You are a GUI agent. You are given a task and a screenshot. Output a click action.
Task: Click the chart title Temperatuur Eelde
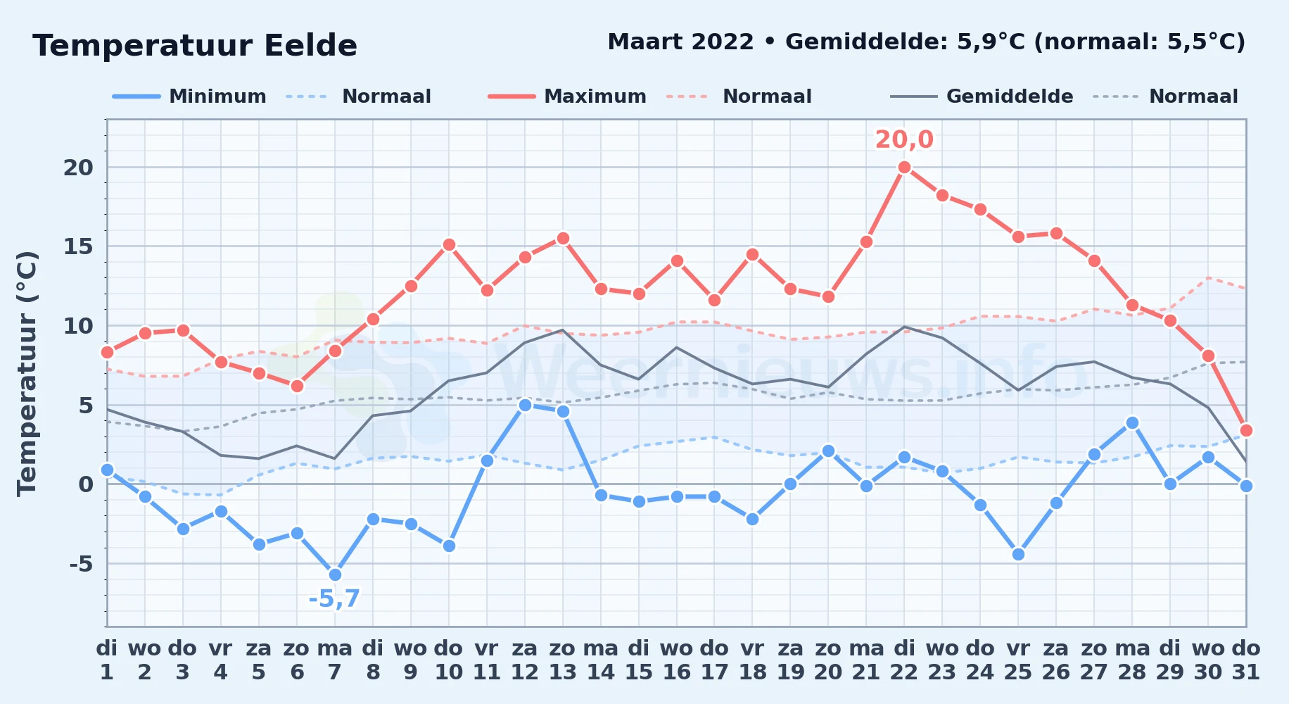[x=195, y=46]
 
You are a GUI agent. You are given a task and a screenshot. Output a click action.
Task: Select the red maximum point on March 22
[x=904, y=167]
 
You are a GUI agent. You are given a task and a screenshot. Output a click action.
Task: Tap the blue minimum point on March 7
[x=335, y=574]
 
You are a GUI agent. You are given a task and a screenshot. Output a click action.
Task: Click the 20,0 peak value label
[x=904, y=139]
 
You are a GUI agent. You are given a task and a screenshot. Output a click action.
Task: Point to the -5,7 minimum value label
[x=334, y=599]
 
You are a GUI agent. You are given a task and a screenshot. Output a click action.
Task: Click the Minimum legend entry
[x=189, y=96]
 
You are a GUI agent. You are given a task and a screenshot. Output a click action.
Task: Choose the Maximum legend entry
[x=567, y=96]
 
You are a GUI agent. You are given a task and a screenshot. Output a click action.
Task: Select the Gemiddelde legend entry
[x=982, y=96]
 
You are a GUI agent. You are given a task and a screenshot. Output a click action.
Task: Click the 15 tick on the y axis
[x=78, y=246]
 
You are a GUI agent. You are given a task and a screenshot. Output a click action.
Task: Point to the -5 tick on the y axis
[x=81, y=564]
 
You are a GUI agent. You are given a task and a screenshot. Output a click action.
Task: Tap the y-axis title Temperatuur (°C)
[x=27, y=373]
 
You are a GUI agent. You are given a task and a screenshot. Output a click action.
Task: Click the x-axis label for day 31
[x=1246, y=660]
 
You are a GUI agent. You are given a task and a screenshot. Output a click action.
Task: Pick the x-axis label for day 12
[x=524, y=660]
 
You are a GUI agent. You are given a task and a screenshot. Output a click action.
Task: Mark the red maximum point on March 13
[x=563, y=238]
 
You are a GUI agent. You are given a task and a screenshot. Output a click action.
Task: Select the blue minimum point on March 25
[x=1018, y=554]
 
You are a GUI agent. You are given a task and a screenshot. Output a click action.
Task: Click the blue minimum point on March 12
[x=525, y=405]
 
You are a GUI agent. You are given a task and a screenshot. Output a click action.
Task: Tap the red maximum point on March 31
[x=1246, y=430]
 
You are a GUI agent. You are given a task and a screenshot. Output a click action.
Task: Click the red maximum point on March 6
[x=297, y=386]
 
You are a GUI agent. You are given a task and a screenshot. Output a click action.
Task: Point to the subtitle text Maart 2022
[x=680, y=42]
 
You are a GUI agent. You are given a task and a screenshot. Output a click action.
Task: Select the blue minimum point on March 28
[x=1132, y=422]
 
